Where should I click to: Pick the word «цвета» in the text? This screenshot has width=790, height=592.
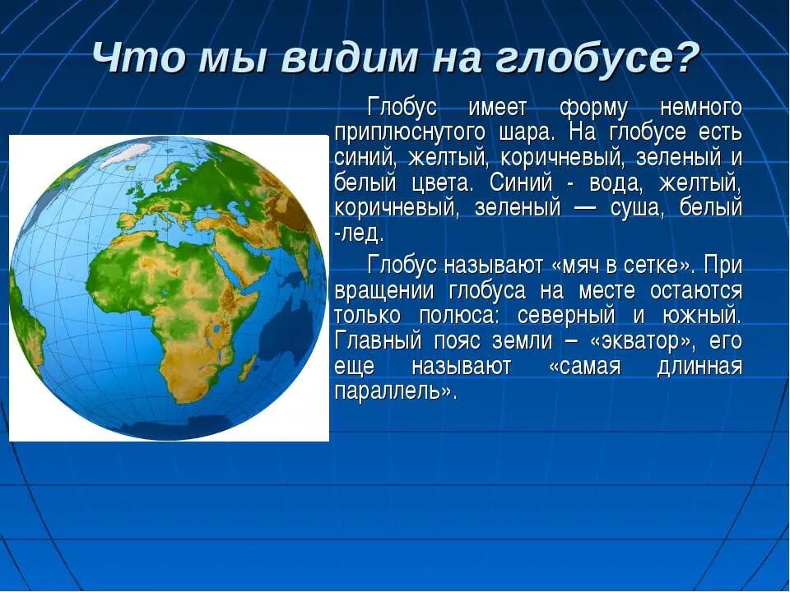point(439,183)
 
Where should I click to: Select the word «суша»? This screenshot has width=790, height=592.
point(633,207)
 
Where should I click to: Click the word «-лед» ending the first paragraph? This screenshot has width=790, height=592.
point(359,233)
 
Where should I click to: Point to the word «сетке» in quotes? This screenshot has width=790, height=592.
point(659,266)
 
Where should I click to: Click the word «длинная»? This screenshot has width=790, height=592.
point(699,366)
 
